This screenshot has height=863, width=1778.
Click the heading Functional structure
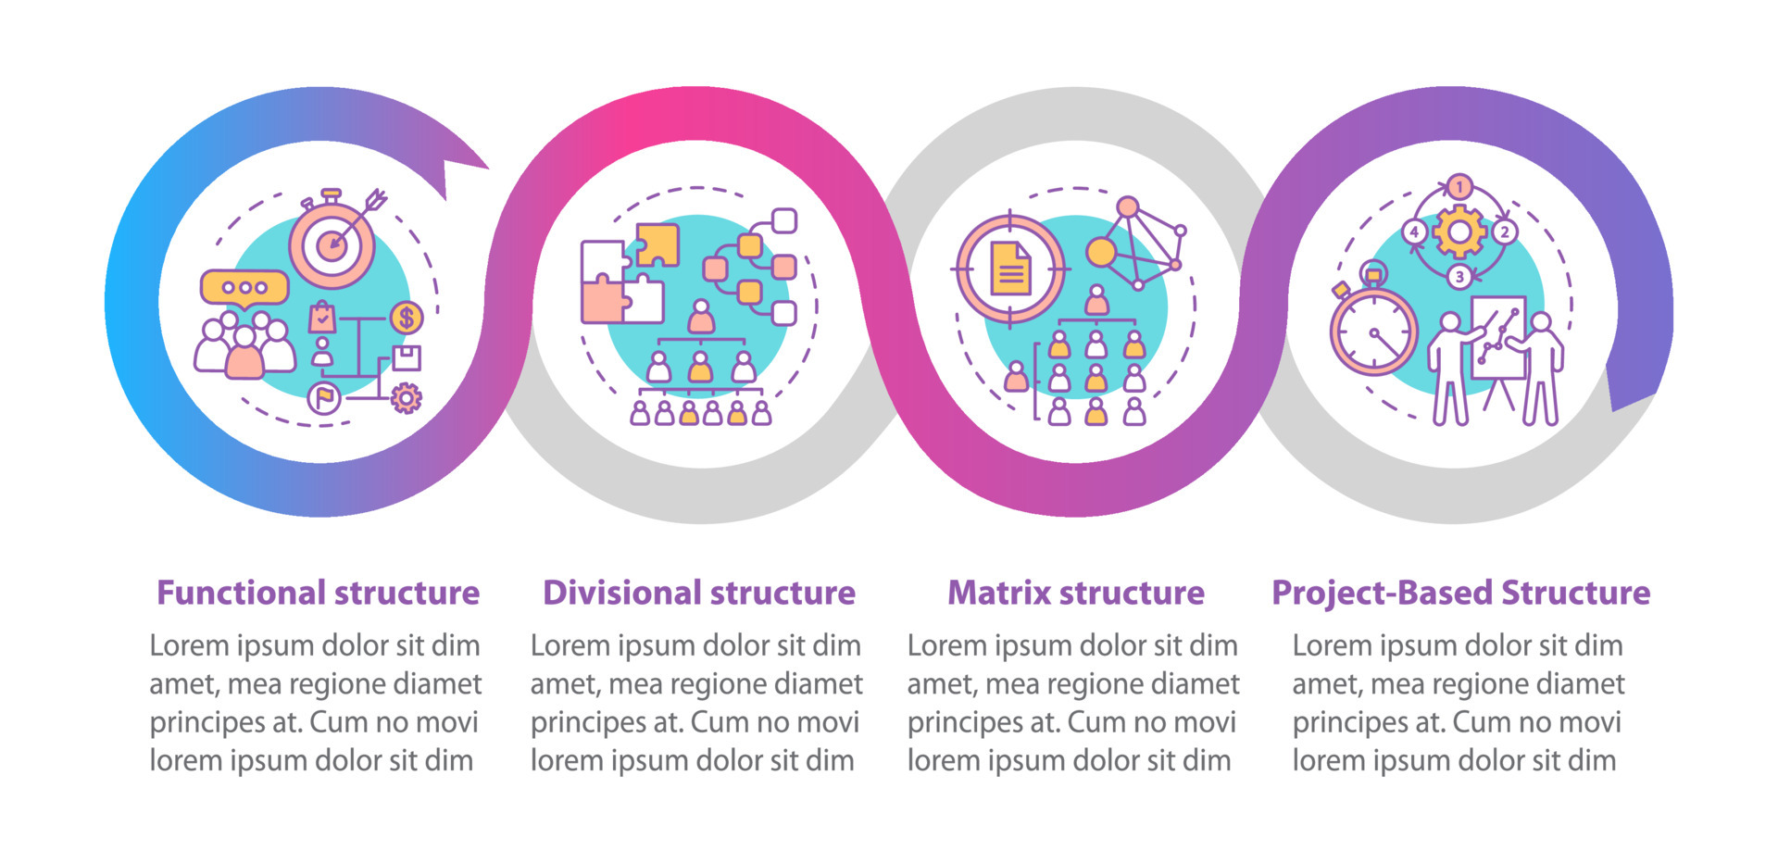(318, 593)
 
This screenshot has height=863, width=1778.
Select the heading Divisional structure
(699, 593)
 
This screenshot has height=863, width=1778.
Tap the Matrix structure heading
(1075, 593)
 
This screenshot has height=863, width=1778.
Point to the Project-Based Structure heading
(1460, 593)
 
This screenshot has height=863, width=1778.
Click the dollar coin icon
(406, 318)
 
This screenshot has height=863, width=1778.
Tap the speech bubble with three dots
(244, 288)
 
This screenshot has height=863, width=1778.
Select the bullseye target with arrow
(332, 244)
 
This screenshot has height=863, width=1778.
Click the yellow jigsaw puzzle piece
(657, 244)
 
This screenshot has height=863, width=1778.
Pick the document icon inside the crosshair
(1010, 269)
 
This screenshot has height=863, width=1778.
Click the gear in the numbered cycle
(1459, 231)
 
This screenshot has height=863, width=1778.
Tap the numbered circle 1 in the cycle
(1459, 187)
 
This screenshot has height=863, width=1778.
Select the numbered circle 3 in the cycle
(1459, 276)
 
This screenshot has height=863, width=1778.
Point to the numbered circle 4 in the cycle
(1414, 231)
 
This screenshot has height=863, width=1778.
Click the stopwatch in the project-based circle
(1373, 330)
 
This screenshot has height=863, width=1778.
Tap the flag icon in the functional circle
(324, 398)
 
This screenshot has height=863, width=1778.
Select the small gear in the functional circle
(406, 398)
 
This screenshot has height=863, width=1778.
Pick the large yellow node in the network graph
(1101, 252)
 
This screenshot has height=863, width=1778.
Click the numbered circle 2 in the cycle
(1504, 231)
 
